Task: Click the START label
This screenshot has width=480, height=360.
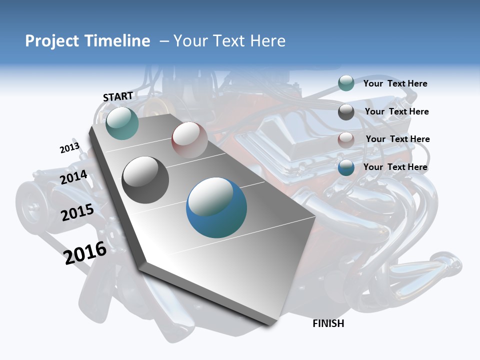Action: [x=118, y=96]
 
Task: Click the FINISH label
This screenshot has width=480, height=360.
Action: [x=328, y=323]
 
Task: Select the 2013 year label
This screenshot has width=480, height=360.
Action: [x=69, y=148]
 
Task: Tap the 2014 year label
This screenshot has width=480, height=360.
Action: [x=74, y=177]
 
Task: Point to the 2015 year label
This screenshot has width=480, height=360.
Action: [x=77, y=212]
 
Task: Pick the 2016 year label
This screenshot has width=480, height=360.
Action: [x=85, y=252]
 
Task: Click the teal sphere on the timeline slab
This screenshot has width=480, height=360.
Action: [x=122, y=123]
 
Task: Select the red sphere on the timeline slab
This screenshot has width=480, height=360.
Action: [x=189, y=139]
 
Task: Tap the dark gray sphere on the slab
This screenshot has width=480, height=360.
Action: [x=145, y=180]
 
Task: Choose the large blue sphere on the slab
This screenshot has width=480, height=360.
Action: [x=216, y=207]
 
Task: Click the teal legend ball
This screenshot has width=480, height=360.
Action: [x=346, y=83]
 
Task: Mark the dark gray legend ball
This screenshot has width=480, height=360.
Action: [x=346, y=112]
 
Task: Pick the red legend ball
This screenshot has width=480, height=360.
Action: [x=346, y=140]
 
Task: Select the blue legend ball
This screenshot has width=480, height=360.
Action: [x=346, y=168]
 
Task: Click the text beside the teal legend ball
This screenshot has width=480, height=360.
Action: [x=395, y=83]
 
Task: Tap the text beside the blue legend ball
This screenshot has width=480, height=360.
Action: [x=395, y=167]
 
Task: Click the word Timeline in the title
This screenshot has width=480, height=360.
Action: [x=117, y=41]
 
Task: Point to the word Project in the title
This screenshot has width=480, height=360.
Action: [x=52, y=41]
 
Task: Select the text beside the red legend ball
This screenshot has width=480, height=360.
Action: [x=397, y=139]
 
